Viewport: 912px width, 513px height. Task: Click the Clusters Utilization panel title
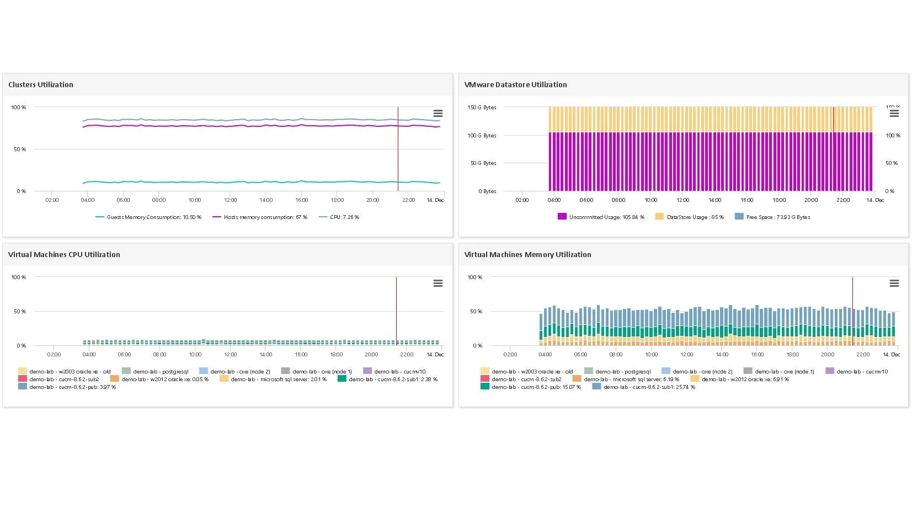pyautogui.click(x=40, y=84)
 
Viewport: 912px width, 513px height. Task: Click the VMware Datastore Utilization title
pyautogui.click(x=515, y=84)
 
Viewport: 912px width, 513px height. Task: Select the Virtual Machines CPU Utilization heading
pyautogui.click(x=64, y=254)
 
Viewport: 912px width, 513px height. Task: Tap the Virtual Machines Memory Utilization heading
pyautogui.click(x=527, y=254)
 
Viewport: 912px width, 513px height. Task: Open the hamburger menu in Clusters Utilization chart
pyautogui.click(x=438, y=114)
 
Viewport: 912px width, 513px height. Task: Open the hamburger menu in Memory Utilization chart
pyautogui.click(x=894, y=284)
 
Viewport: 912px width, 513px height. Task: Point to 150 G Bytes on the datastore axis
pyautogui.click(x=482, y=108)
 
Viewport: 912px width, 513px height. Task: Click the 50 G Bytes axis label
pyautogui.click(x=483, y=163)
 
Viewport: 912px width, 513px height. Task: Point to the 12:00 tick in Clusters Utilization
pyautogui.click(x=230, y=200)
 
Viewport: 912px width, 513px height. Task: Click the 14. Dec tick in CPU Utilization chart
pyautogui.click(x=435, y=355)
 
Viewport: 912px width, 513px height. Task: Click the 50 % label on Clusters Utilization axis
pyautogui.click(x=20, y=149)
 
